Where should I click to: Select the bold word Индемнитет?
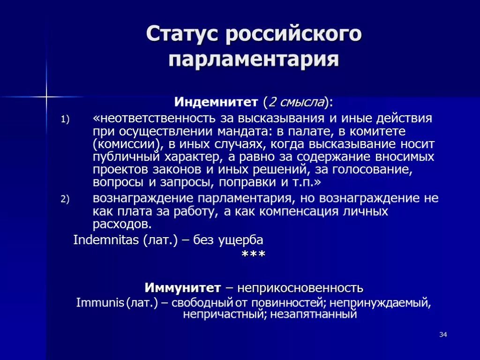click(x=216, y=102)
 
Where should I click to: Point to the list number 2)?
click(x=65, y=199)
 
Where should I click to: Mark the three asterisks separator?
click(x=253, y=255)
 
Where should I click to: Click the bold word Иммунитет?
click(x=182, y=287)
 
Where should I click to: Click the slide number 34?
click(x=443, y=334)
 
